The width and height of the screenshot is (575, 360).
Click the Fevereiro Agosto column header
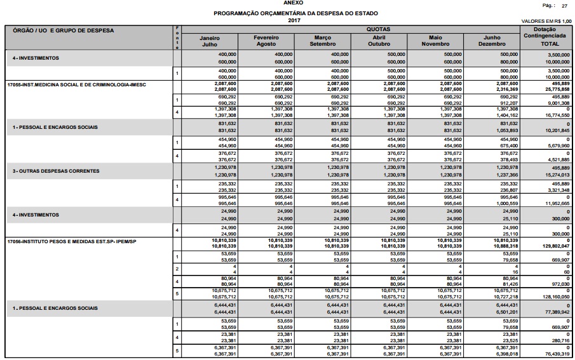pos(266,41)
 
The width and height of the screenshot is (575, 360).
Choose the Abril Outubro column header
pos(378,41)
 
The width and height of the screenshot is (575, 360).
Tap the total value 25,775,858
pos(557,90)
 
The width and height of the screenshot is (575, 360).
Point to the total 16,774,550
pos(557,115)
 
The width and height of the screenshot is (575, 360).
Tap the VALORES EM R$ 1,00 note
pos(546,21)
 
